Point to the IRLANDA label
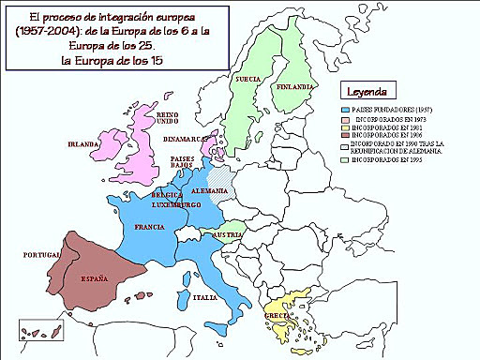(x=84, y=145)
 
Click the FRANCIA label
(x=150, y=228)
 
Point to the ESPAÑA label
(x=93, y=278)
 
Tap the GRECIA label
(x=278, y=315)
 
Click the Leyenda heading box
(x=368, y=92)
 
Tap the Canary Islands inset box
(x=42, y=330)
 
